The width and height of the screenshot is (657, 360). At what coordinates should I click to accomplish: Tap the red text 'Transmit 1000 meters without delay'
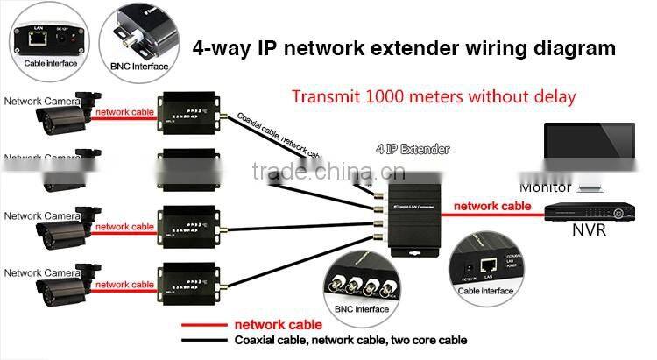(434, 96)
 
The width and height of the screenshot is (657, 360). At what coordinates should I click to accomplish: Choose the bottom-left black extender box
(185, 285)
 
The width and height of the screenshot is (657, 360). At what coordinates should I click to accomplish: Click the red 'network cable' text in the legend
(273, 325)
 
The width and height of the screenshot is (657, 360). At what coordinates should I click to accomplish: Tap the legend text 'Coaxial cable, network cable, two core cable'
(350, 340)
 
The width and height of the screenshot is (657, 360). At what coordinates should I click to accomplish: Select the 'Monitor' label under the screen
(545, 187)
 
